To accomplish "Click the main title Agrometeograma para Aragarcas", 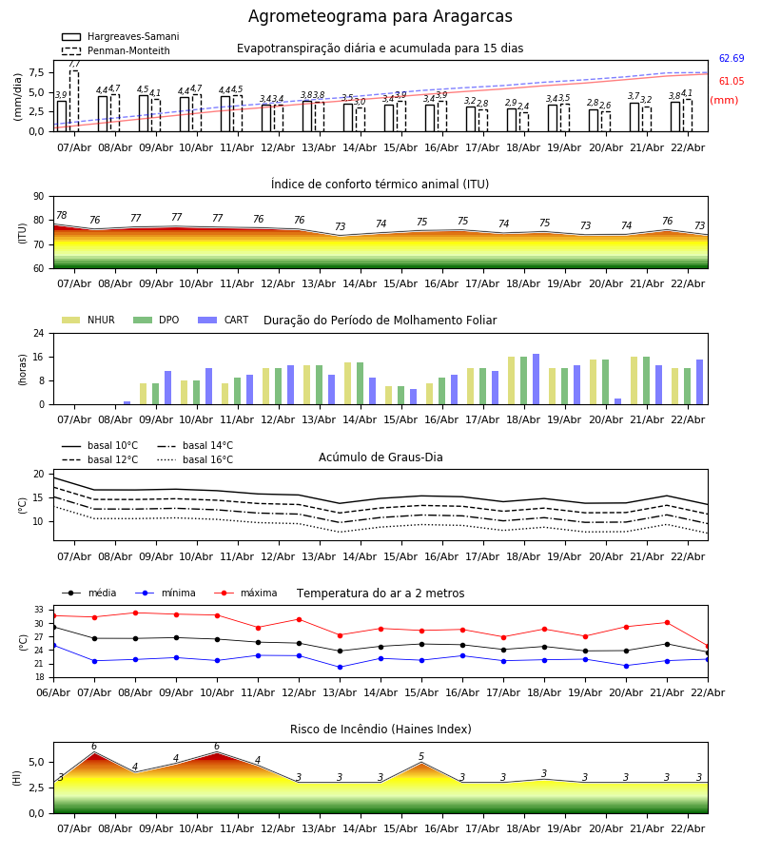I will pyautogui.click(x=380, y=17).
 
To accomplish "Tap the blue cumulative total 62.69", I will pyautogui.click(x=731, y=59).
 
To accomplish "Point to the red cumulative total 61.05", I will pyautogui.click(x=731, y=82).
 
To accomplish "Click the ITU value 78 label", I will pyautogui.click(x=61, y=216).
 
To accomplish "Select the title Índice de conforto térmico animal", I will pyautogui.click(x=380, y=185).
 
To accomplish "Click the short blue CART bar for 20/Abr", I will pyautogui.click(x=618, y=401).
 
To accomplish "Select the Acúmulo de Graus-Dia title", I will pyautogui.click(x=380, y=457).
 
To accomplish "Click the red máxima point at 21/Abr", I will pyautogui.click(x=667, y=623).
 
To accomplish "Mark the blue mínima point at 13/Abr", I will pyautogui.click(x=340, y=667).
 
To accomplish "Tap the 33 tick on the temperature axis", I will pyautogui.click(x=39, y=610).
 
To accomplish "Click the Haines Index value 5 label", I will pyautogui.click(x=421, y=757).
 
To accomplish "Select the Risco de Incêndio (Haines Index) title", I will pyautogui.click(x=380, y=730).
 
